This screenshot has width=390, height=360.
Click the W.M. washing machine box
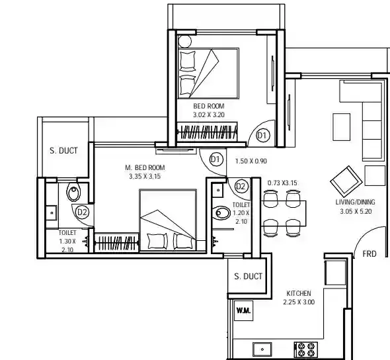click(243, 310)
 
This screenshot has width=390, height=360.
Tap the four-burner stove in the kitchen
click(305, 349)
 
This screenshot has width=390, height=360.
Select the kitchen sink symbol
click(262, 349)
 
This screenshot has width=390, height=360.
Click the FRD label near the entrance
click(370, 254)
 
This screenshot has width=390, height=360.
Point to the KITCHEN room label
click(299, 293)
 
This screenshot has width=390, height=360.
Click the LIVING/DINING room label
click(356, 202)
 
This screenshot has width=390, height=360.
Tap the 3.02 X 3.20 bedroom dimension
click(209, 114)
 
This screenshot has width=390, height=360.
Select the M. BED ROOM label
click(145, 167)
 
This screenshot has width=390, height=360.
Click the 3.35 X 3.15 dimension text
click(145, 176)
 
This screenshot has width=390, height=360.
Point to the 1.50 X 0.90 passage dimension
click(251, 161)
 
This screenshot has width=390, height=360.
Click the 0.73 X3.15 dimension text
click(282, 183)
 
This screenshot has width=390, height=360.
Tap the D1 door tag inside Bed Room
click(263, 136)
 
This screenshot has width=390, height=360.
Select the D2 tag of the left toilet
click(82, 212)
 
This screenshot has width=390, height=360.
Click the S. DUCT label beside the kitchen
click(249, 277)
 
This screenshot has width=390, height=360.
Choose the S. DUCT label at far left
click(63, 151)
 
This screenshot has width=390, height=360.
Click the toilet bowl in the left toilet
click(73, 193)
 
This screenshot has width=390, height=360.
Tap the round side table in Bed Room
click(185, 41)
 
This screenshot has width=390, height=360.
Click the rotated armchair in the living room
click(346, 180)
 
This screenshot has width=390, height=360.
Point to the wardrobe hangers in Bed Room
click(208, 132)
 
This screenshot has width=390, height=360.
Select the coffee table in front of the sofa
click(342, 127)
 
